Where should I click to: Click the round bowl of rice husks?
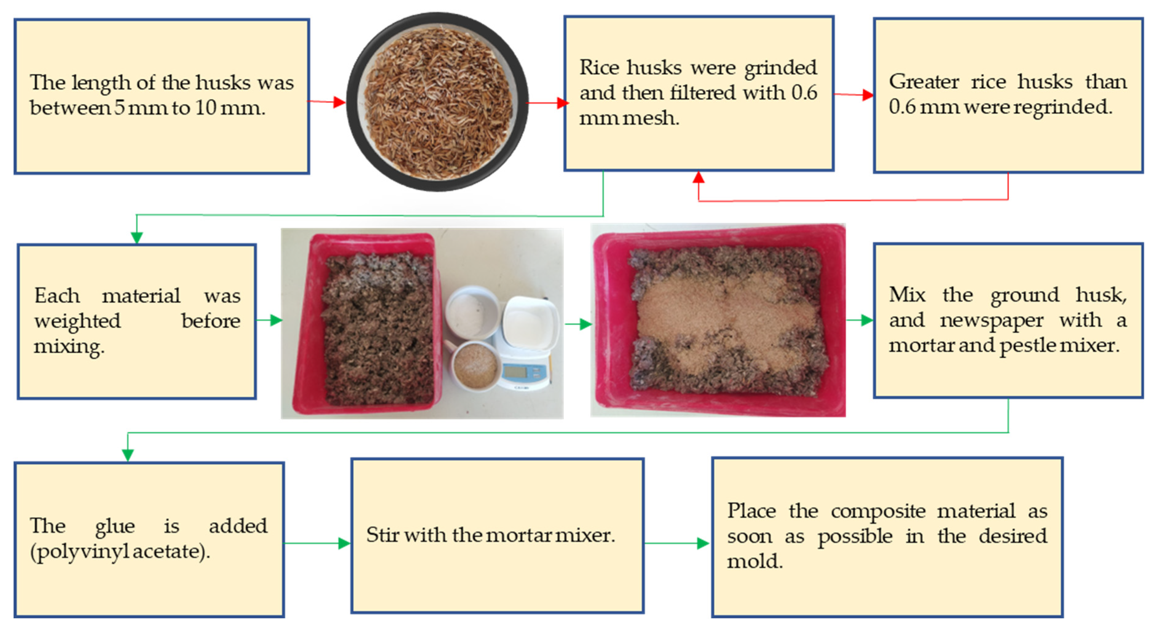[437, 102]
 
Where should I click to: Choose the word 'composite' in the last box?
[878, 511]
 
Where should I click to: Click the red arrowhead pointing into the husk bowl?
[339, 102]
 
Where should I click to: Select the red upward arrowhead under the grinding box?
[698, 178]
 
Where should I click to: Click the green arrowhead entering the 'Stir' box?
[344, 543]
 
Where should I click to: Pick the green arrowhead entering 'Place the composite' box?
[703, 543]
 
